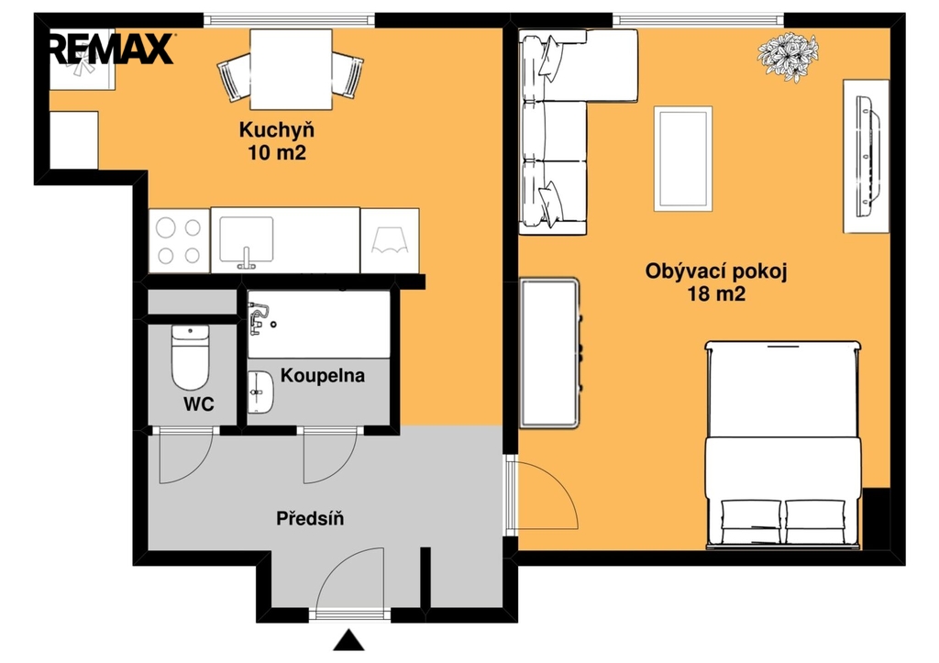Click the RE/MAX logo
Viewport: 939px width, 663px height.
(112, 49)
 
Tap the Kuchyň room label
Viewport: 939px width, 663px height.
(277, 130)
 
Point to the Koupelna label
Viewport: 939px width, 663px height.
(322, 376)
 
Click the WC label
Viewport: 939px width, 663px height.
(199, 404)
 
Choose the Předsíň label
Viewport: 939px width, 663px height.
(310, 518)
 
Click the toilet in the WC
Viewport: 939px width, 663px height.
(191, 358)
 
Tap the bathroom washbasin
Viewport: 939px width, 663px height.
(260, 392)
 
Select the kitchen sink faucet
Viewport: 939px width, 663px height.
(246, 258)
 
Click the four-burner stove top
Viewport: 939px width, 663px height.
(179, 241)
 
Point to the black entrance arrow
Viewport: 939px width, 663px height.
(348, 640)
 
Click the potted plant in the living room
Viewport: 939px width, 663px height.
(788, 56)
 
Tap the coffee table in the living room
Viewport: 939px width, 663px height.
(682, 159)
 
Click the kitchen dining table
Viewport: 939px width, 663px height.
(291, 70)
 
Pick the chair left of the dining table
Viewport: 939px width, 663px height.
(234, 77)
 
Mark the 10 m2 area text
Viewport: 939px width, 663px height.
(277, 153)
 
